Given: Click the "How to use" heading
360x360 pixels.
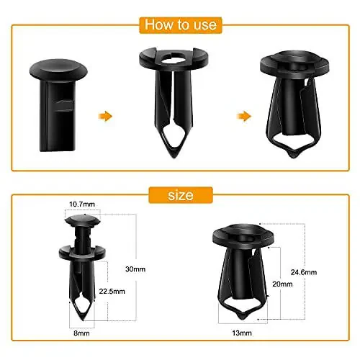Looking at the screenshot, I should pyautogui.click(x=179, y=24).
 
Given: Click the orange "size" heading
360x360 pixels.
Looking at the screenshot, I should pyautogui.click(x=179, y=194).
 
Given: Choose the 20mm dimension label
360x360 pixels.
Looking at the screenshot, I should pyautogui.click(x=283, y=284).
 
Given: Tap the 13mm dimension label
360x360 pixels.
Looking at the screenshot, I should pyautogui.click(x=238, y=334).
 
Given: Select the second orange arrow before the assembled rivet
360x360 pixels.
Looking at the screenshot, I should pyautogui.click(x=246, y=115).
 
